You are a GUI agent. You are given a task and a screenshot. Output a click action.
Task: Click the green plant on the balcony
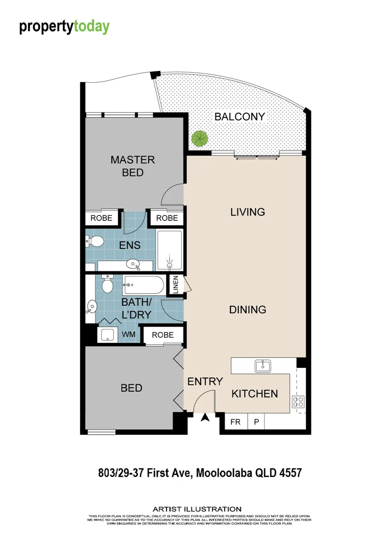pos(200,138)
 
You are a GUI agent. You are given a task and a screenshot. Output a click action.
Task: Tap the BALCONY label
pos(239,117)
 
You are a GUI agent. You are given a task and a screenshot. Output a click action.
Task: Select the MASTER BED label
pos(133,166)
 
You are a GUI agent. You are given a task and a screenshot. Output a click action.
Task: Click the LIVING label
pos(248,212)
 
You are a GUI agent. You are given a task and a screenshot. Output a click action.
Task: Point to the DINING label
pos(248,310)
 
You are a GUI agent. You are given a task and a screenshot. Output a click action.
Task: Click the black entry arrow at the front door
pos(205,418)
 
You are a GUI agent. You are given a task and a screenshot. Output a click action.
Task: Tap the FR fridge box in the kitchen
pos(236,422)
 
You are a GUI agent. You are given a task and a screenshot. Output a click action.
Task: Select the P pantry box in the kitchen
pos(256,422)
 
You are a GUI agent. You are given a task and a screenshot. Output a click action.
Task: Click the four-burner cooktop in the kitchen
pos(299,402)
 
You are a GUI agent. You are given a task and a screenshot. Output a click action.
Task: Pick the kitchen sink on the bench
pos(263,365)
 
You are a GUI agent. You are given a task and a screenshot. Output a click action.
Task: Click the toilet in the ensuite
pos(94,241)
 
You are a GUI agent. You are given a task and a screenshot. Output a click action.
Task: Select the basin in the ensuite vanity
pos(134,264)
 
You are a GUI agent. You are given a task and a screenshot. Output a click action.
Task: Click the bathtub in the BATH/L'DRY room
pos(143,283)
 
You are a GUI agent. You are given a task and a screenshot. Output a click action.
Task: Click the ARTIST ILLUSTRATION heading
pos(197,509)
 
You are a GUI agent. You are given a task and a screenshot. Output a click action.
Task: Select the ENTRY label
pos(205,381)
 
